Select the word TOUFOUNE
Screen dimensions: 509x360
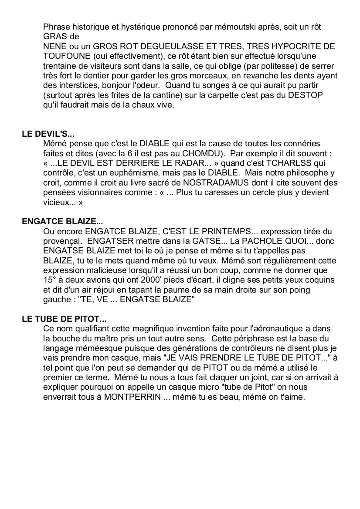(66, 56)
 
